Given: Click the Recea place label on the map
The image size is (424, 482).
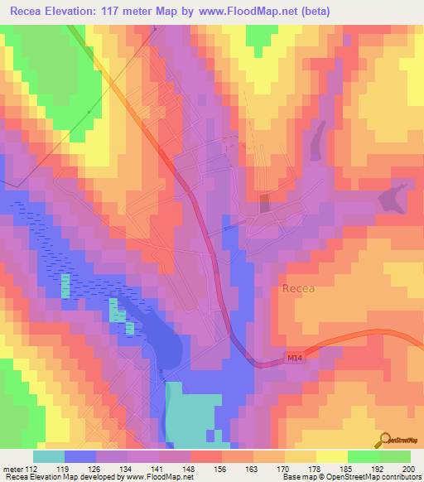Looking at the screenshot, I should (x=298, y=289).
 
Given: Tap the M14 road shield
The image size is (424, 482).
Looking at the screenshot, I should (x=294, y=357).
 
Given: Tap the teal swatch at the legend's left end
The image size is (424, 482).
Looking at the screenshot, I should (x=49, y=456).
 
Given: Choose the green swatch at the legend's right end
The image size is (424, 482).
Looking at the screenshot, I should (x=395, y=456).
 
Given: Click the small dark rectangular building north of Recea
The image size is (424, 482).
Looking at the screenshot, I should (x=265, y=204).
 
